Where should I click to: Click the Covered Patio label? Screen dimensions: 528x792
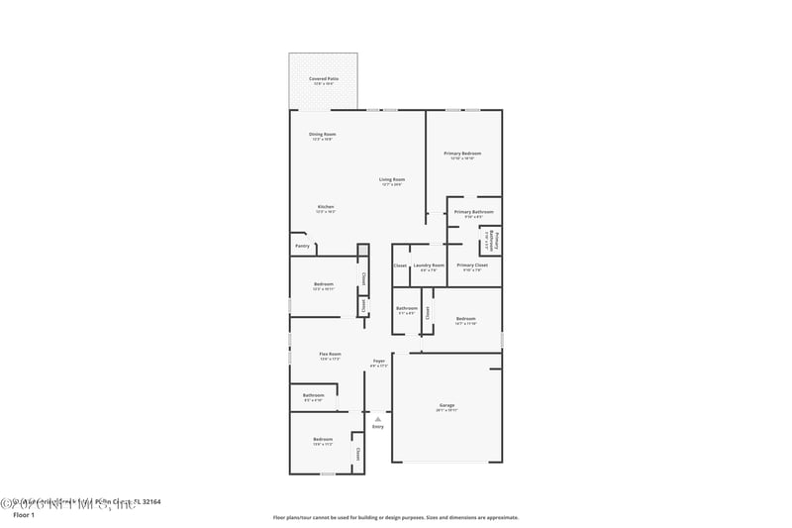coord(323,78)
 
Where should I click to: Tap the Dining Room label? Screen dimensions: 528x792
coord(323,134)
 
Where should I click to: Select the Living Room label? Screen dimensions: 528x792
coord(392,179)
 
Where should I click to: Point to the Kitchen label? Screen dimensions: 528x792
coord(326,207)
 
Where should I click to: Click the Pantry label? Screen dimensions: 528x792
coord(302,246)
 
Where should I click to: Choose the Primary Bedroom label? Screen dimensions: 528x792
coord(462,154)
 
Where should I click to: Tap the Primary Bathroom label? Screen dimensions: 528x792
coord(473,212)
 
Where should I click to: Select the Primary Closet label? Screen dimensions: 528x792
coord(472,265)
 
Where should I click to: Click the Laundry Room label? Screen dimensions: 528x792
coord(429,265)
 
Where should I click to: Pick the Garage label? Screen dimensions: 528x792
coord(446,405)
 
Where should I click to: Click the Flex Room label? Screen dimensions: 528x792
coord(330,354)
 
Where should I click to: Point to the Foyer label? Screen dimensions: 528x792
coord(378,361)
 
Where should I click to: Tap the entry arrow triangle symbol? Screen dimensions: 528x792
coord(377,419)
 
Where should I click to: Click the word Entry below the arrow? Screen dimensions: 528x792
coord(377,427)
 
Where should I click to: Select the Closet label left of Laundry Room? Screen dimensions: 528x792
coord(400,265)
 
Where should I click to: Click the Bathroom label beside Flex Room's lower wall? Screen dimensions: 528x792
coord(314,395)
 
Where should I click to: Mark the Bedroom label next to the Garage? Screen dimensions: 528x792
coord(465,318)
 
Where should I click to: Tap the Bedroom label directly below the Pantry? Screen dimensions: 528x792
coord(323,284)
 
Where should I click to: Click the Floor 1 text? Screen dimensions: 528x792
coord(23,515)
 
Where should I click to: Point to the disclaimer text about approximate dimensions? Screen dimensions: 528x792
coord(395,517)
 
